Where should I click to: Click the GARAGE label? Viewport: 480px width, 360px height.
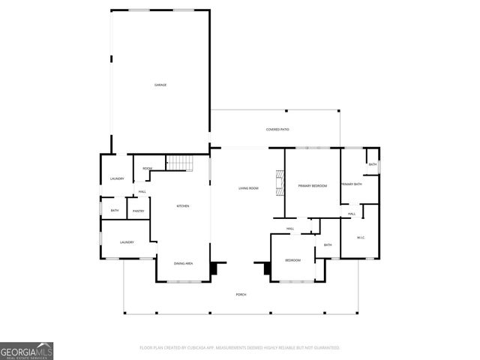[x=160, y=85]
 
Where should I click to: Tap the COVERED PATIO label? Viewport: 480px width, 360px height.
[x=277, y=130]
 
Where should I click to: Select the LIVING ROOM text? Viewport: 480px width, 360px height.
[x=248, y=187]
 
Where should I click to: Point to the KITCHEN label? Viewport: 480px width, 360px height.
[x=182, y=205]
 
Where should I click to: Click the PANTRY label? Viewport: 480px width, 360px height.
[x=139, y=211]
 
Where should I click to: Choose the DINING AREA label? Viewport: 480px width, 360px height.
[x=184, y=263]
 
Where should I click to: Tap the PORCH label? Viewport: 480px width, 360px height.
[x=241, y=294]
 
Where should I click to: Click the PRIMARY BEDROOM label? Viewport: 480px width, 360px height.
[x=312, y=185]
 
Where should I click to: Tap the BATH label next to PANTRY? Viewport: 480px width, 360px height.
[x=115, y=211]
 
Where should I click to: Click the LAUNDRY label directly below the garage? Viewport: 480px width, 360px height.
[x=117, y=178]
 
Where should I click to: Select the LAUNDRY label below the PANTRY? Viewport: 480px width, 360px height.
[x=127, y=242]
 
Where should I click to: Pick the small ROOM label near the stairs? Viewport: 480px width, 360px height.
[x=148, y=169]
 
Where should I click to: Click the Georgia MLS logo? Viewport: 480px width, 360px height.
[x=27, y=350]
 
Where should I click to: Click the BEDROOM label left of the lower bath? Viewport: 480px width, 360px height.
[x=292, y=260]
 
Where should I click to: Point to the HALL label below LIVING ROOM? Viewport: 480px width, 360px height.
[x=289, y=229]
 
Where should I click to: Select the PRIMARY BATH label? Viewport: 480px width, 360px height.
[x=352, y=184]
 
